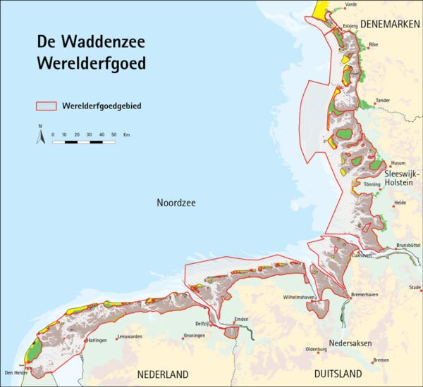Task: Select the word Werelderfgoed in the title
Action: tap(92, 64)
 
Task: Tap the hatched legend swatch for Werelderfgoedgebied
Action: tap(47, 106)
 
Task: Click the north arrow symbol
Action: tap(40, 135)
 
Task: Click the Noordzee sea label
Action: tap(176, 203)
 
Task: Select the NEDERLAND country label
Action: tap(164, 373)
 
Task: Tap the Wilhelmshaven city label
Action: tap(299, 298)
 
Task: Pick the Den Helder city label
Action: tap(15, 372)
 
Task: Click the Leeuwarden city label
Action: tap(129, 336)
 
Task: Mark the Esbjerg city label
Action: tap(350, 26)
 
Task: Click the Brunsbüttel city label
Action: tap(408, 245)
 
